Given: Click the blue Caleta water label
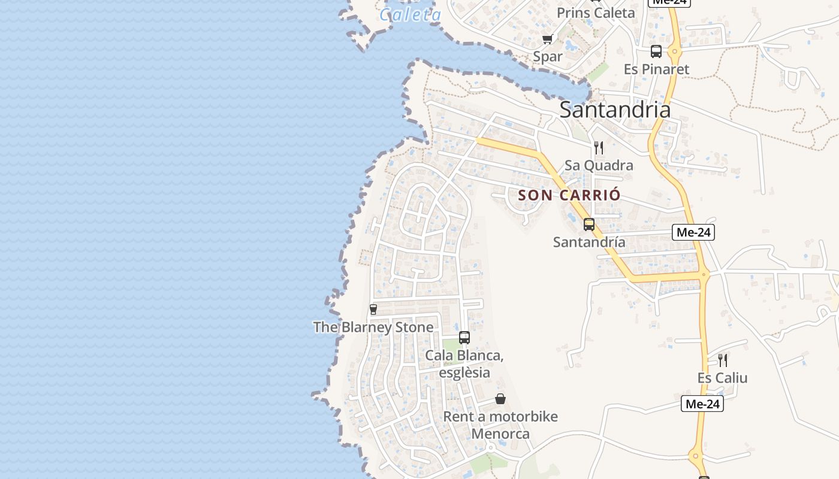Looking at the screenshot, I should [411, 14].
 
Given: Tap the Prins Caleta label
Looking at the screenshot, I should [595, 13].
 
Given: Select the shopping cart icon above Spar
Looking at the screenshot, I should [547, 40].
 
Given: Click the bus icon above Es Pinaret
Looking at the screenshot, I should [656, 51].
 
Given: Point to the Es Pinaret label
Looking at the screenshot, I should [656, 69].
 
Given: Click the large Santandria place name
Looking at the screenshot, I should [615, 110].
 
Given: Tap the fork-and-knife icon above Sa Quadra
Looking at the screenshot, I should [599, 147].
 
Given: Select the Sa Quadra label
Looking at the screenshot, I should [599, 165].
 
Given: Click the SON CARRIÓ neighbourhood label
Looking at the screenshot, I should [569, 195].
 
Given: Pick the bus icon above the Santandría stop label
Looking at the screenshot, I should [589, 225].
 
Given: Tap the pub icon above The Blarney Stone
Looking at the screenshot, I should [373, 309].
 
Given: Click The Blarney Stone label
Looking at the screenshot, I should [373, 327].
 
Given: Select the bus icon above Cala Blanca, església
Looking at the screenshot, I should [464, 338].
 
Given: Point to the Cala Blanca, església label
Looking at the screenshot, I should [464, 364].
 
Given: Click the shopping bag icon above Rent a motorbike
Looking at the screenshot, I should [500, 399].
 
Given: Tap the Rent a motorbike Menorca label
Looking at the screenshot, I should [500, 425].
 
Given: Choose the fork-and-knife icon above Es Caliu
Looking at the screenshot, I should [723, 360].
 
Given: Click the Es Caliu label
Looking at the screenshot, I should [722, 378].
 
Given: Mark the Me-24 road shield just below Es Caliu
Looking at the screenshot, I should [702, 404].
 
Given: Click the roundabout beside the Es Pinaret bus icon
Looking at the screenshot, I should [675, 51].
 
